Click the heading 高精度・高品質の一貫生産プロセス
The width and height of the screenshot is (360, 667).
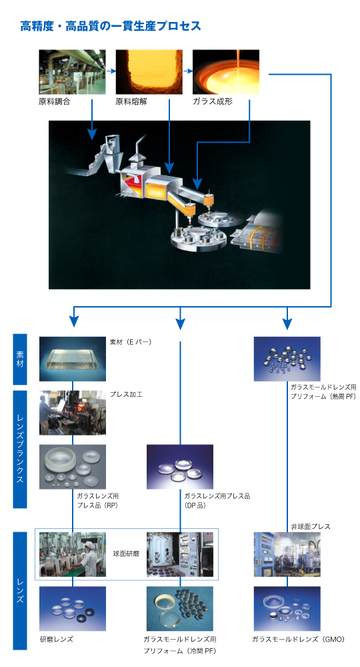click(x=111, y=26)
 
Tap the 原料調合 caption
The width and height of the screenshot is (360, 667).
click(x=55, y=101)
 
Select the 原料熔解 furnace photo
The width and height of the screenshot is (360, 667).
click(x=149, y=72)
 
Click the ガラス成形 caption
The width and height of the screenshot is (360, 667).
click(x=213, y=101)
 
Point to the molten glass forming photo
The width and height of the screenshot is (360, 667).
click(x=226, y=72)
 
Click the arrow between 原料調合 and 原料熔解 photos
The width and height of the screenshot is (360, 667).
click(x=111, y=71)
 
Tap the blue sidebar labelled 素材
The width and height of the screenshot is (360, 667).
click(x=19, y=359)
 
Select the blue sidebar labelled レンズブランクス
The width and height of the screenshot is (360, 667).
click(x=19, y=449)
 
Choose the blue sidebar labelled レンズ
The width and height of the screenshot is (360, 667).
click(x=19, y=591)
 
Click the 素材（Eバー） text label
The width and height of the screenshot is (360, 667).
click(x=131, y=342)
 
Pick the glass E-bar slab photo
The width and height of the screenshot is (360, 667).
click(x=73, y=359)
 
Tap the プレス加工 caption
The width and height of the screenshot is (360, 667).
click(x=126, y=394)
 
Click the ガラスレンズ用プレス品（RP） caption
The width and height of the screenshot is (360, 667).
click(x=98, y=501)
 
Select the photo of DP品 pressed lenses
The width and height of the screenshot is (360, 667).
click(x=180, y=467)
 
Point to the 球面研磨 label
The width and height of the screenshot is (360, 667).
click(x=126, y=554)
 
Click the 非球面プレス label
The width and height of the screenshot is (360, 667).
click(x=311, y=527)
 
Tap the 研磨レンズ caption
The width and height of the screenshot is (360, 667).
click(x=57, y=639)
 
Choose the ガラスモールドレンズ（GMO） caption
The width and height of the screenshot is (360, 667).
click(x=299, y=639)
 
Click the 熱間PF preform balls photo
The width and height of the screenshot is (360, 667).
click(x=287, y=359)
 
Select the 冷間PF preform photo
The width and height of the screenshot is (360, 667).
click(x=180, y=609)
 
